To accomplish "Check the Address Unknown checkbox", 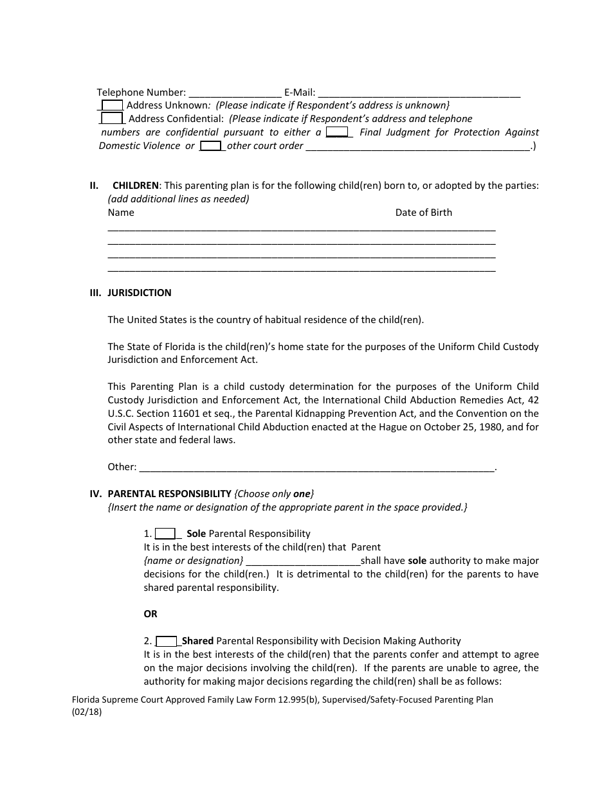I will pyautogui.click(x=113, y=105).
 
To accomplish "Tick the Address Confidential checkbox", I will pyautogui.click(x=113, y=119).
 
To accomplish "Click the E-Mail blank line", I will pyautogui.click(x=419, y=92).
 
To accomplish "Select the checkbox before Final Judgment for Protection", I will pyautogui.click(x=337, y=132).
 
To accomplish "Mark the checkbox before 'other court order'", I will pyautogui.click(x=210, y=146).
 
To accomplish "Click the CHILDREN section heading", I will pyautogui.click(x=135, y=186).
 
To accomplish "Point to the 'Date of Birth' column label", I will pyautogui.click(x=423, y=213).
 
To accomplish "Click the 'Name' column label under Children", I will pyautogui.click(x=121, y=213).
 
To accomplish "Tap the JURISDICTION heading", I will pyautogui.click(x=139, y=293).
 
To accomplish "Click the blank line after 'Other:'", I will pyautogui.click(x=317, y=467).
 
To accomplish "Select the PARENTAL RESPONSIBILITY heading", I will pyautogui.click(x=169, y=494).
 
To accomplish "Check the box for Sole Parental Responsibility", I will pyautogui.click(x=165, y=534).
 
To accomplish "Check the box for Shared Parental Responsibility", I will pyautogui.click(x=167, y=641).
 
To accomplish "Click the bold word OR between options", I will pyautogui.click(x=150, y=614).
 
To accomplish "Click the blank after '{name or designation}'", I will pyautogui.click(x=303, y=561).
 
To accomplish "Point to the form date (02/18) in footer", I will pyautogui.click(x=87, y=712).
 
